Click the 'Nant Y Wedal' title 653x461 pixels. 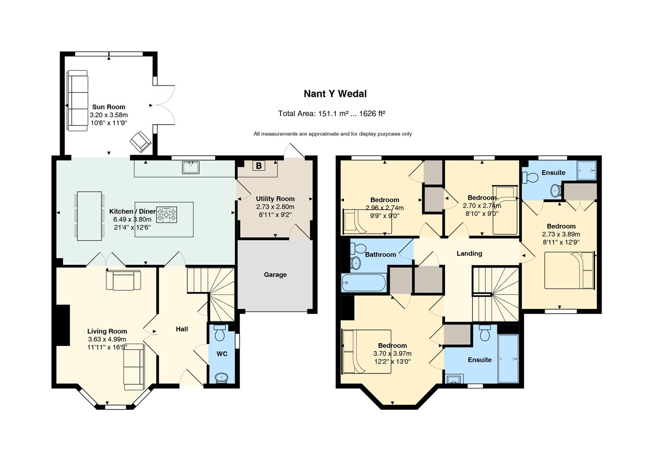click(335, 94)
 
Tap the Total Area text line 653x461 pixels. click(332, 114)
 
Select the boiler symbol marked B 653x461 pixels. click(259, 166)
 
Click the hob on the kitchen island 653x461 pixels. click(166, 215)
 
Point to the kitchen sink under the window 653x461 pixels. click(191, 167)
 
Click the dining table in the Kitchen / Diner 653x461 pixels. click(90, 216)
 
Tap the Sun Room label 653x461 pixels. click(109, 107)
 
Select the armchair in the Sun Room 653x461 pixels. click(140, 142)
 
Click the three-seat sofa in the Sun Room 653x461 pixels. click(78, 101)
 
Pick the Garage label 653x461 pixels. click(275, 274)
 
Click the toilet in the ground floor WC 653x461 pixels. click(220, 333)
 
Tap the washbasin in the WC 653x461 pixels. click(222, 378)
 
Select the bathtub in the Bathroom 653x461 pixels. click(364, 282)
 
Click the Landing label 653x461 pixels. click(469, 254)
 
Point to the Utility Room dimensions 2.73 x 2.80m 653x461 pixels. click(275, 207)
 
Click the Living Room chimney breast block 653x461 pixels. click(63, 325)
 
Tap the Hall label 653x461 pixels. click(182, 329)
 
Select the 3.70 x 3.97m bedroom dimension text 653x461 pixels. click(392, 354)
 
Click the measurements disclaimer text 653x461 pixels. click(332, 134)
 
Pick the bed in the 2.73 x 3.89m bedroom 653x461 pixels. click(569, 270)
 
